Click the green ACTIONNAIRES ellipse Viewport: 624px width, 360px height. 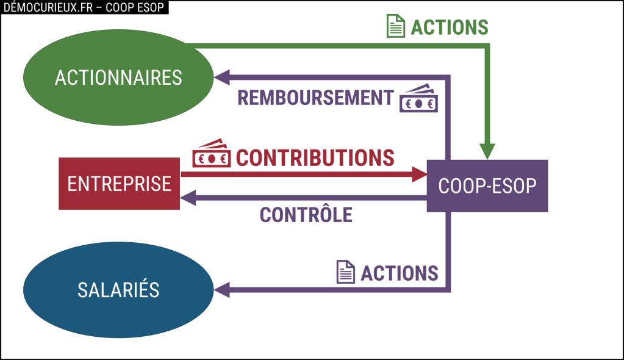coord(118,77)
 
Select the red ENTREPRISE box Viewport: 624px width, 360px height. coord(119,184)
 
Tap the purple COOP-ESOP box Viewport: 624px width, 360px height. coord(487,185)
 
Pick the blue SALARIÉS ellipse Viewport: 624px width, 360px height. coord(118,290)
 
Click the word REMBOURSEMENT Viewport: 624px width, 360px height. coord(315,98)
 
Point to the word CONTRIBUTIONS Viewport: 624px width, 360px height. coord(315,157)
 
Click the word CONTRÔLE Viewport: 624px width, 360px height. coord(306,214)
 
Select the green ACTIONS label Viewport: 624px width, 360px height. coord(450,27)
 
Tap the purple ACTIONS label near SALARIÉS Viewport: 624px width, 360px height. coord(399,273)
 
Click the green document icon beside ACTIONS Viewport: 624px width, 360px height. coord(396,26)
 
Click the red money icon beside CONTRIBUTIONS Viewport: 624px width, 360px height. coord(211,154)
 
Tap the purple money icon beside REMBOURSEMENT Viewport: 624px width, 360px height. coord(418,99)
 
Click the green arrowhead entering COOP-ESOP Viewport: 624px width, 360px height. coord(487,151)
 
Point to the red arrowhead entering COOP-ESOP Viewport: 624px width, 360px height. coord(419,174)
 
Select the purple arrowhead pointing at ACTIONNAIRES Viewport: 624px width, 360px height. coord(221,77)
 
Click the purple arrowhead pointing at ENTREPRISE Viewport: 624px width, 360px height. coord(188,198)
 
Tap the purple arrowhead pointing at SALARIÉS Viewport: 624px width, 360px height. coord(221,289)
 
